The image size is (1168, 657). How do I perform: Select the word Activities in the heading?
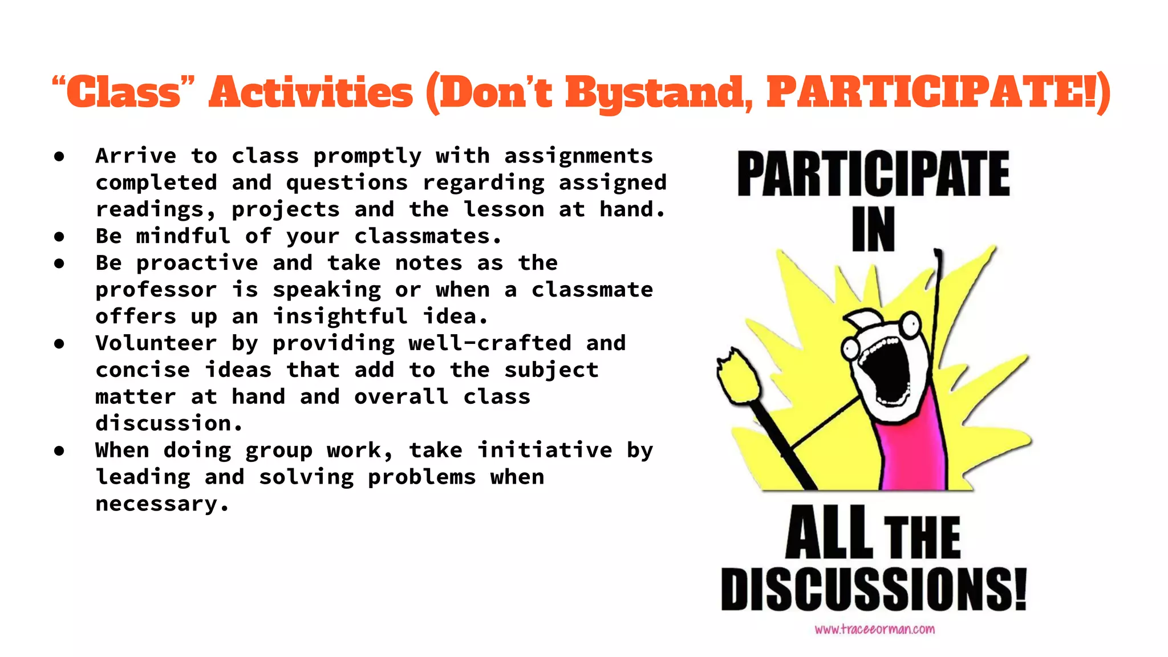coord(311,92)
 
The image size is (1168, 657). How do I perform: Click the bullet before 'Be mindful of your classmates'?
coord(59,236)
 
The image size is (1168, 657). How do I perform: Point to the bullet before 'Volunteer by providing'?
coord(59,343)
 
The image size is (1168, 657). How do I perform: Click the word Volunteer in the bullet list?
coord(156,343)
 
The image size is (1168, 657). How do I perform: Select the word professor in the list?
coord(156,290)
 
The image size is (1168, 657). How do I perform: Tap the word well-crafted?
coord(490,343)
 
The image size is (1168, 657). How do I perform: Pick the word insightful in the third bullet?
coord(340,317)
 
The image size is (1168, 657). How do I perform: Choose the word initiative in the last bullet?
coord(545,451)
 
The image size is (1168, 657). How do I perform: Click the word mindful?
coord(183,236)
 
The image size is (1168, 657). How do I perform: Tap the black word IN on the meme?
coord(873,229)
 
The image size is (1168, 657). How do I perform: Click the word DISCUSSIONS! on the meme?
coord(873,589)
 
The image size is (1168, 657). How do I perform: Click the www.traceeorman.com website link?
coord(874,630)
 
